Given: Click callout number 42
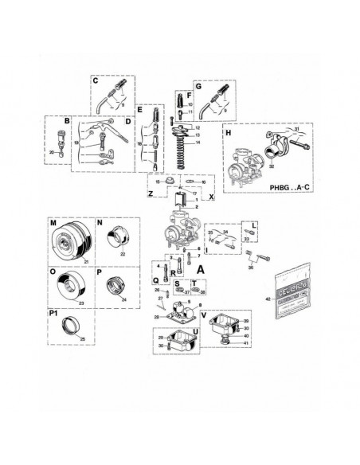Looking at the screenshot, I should pos(268,299).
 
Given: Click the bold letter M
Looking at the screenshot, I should pos(53,224).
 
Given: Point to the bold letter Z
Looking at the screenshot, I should pos(150,193).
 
